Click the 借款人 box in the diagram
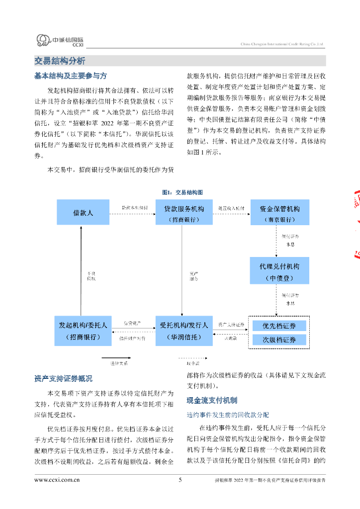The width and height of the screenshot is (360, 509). (83, 213)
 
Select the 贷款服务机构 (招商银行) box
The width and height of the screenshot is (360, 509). (184, 213)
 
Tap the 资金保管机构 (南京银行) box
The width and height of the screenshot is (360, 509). (279, 213)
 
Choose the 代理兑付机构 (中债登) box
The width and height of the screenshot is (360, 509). (279, 270)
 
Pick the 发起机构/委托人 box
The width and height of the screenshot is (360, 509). (83, 331)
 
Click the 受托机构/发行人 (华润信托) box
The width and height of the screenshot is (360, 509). (184, 331)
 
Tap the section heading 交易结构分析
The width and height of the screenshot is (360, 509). (60, 61)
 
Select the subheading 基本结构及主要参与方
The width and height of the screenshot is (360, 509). (70, 76)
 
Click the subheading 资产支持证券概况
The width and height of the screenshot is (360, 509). (63, 379)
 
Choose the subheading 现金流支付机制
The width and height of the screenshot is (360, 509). (212, 400)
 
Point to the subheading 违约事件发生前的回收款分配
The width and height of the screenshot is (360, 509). (228, 414)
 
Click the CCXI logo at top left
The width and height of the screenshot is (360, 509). (60, 41)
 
